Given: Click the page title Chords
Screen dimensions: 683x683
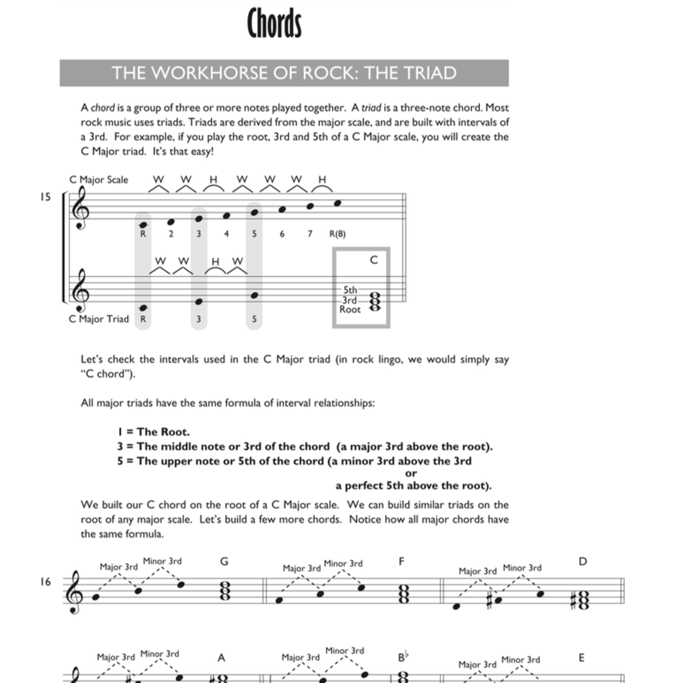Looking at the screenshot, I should [x=274, y=25].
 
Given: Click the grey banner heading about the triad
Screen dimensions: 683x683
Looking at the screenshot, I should [x=284, y=73].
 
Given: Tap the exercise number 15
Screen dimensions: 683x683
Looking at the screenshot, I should [x=45, y=198].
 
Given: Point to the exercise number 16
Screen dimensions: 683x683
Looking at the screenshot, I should [x=45, y=582].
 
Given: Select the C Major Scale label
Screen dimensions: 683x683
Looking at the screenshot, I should [x=98, y=180].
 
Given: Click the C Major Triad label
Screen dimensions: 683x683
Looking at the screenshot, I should [x=98, y=319].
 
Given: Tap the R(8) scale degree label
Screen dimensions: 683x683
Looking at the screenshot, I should [x=338, y=234].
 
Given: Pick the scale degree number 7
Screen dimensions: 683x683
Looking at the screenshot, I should [x=310, y=234].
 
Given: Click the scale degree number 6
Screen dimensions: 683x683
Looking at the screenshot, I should [x=282, y=234].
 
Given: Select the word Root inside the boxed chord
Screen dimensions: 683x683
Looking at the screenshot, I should [x=350, y=309].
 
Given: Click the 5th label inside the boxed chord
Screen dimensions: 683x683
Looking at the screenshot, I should [x=350, y=290].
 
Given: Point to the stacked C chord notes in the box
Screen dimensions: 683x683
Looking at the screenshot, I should [x=374, y=300].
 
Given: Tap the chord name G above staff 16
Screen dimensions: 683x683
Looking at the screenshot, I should [x=224, y=561].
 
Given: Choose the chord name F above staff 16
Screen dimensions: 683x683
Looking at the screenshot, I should [x=402, y=561].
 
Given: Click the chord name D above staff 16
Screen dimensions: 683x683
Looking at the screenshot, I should [x=582, y=561].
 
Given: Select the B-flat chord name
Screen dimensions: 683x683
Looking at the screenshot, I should [x=403, y=658].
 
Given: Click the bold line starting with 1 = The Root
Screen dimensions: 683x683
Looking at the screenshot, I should [x=154, y=432].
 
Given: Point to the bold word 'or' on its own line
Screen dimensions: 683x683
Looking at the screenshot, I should [x=411, y=473].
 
